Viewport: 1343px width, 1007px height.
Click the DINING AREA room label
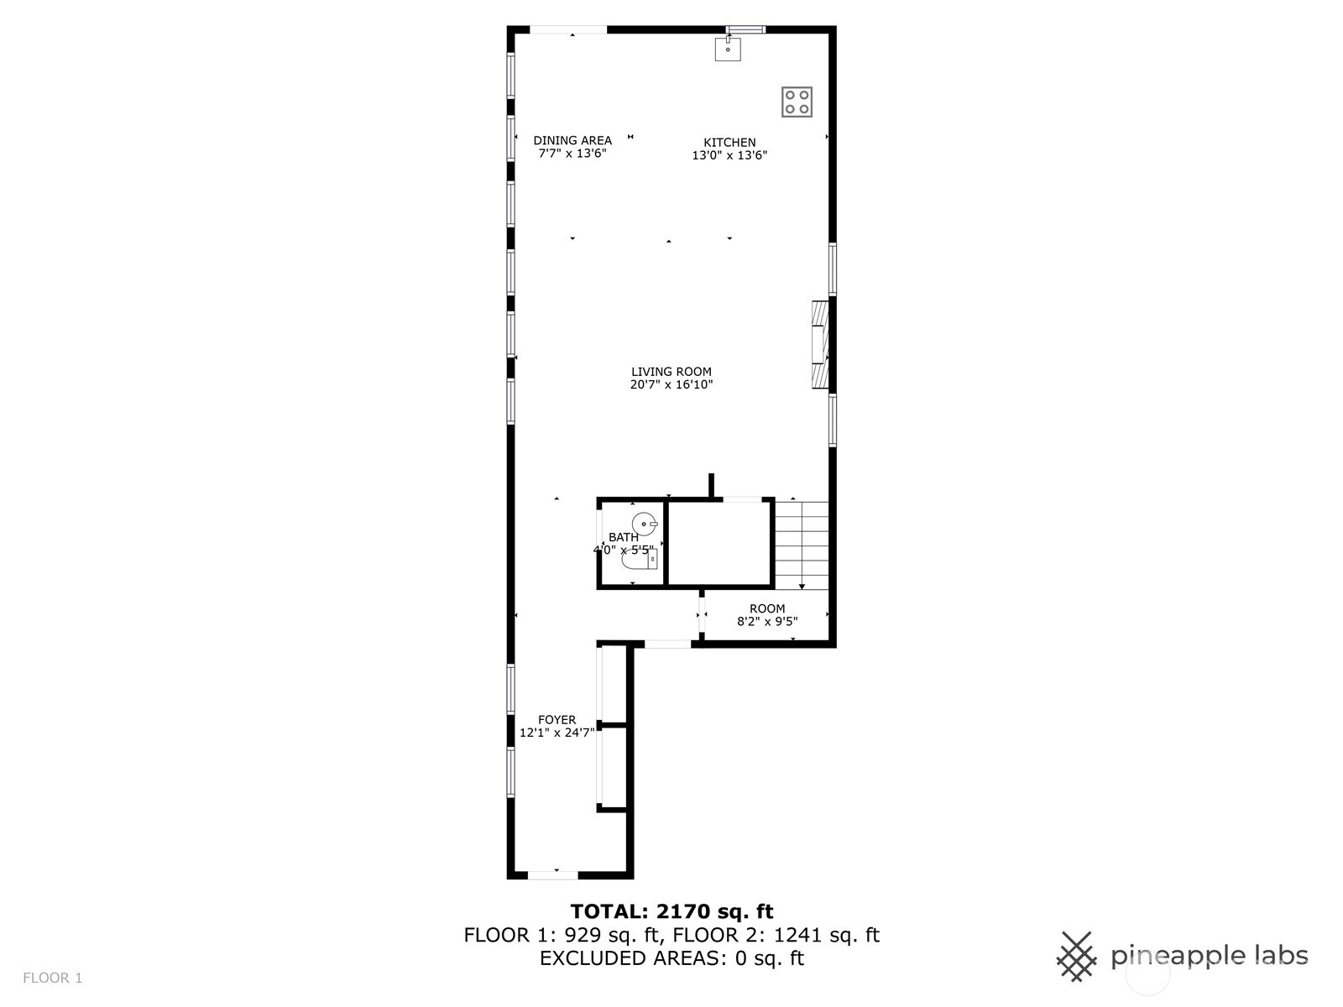coord(572,141)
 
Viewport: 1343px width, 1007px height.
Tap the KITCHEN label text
coord(729,143)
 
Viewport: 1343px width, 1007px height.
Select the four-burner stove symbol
coord(797,102)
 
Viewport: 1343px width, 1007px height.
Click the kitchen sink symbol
coord(728,49)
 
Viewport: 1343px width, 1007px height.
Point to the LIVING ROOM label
coord(671,372)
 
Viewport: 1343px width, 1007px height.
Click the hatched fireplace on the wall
coord(820,345)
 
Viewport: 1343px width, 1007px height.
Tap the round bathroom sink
coord(645,524)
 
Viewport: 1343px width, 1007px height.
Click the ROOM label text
coord(767,609)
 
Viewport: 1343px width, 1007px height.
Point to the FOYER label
coord(557,720)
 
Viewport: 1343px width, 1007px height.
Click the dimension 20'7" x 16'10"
coord(671,384)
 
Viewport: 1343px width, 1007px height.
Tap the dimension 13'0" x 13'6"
coord(729,155)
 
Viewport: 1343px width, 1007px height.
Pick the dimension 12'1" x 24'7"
coord(557,733)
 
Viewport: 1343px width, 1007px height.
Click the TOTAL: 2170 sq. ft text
coord(671,911)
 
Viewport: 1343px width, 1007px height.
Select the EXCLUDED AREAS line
coord(671,958)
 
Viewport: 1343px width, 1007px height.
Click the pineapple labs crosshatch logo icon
coord(1077,957)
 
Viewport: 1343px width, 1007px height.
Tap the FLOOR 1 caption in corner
coord(53,978)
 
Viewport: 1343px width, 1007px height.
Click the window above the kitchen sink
coord(745,29)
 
